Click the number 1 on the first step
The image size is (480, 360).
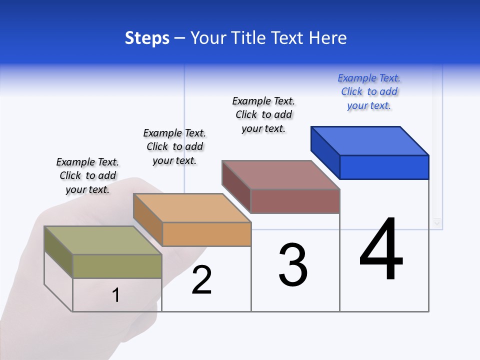click(x=116, y=295)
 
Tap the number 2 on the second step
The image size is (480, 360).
click(x=201, y=280)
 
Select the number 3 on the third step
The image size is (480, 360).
click(x=293, y=265)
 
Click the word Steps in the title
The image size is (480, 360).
click(x=147, y=38)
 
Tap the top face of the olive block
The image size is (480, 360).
click(x=103, y=240)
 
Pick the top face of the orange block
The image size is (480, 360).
click(x=192, y=208)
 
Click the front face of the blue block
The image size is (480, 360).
click(x=384, y=167)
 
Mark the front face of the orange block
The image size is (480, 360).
click(x=206, y=234)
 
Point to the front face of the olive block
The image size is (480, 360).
click(x=117, y=266)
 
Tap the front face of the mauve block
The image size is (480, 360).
click(x=295, y=201)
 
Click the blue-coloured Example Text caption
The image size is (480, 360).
click(x=369, y=92)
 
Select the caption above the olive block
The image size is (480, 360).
click(x=87, y=175)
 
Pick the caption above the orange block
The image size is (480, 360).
click(x=174, y=146)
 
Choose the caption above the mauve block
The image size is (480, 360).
click(x=263, y=114)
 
